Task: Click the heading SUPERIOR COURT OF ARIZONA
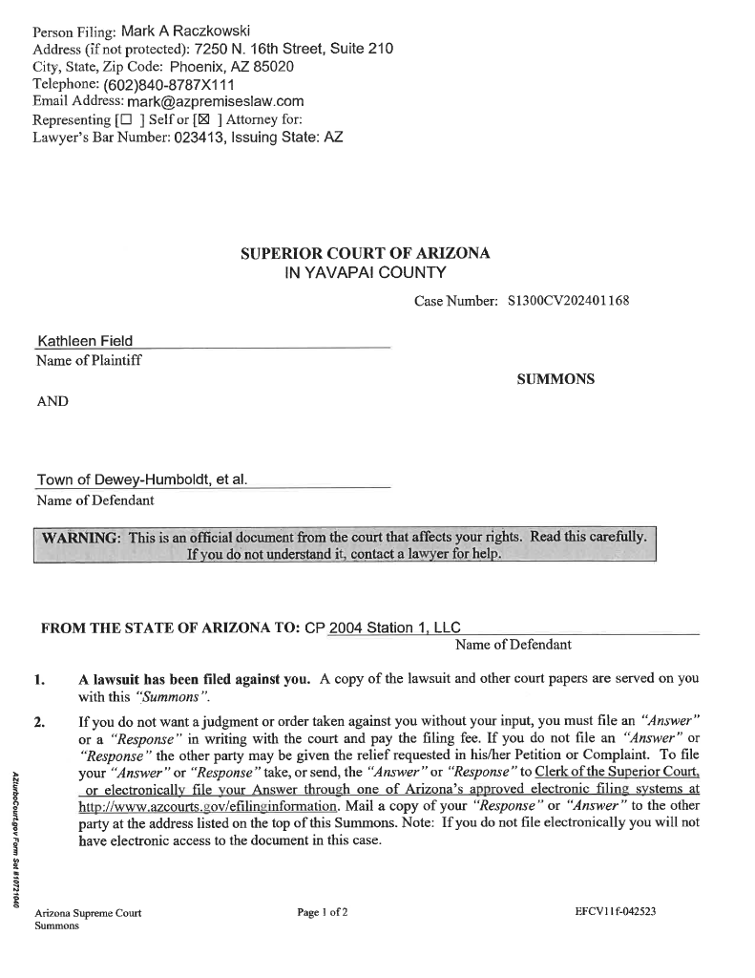click(366, 254)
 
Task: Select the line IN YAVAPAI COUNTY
click(366, 273)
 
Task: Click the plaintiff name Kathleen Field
click(85, 341)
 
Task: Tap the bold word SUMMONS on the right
click(556, 379)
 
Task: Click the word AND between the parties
click(52, 401)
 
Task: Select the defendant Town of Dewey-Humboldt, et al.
click(142, 480)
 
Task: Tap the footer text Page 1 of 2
click(323, 912)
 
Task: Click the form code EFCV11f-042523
click(615, 912)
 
